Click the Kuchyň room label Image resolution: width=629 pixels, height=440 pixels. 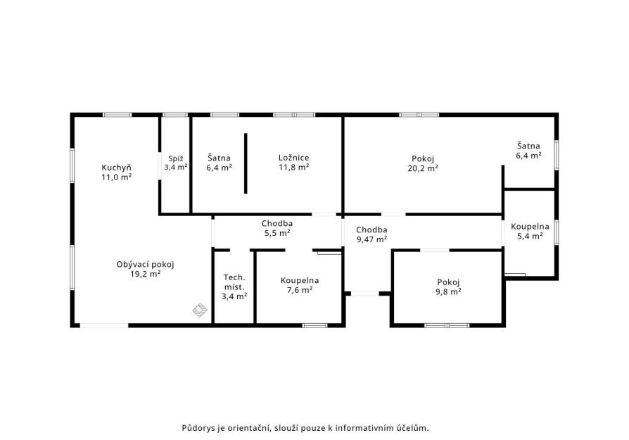click(x=116, y=168)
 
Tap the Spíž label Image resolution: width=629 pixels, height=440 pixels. click(x=176, y=158)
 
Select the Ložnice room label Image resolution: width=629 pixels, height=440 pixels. click(x=293, y=158)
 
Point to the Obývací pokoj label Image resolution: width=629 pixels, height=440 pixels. click(x=145, y=265)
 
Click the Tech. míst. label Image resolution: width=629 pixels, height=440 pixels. click(x=234, y=282)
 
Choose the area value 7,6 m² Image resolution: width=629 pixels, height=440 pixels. click(x=300, y=290)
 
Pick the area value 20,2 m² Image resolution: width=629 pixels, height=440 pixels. click(x=423, y=168)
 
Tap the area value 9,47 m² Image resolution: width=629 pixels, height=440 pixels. click(x=372, y=239)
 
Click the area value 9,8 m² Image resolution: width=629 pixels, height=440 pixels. click(x=448, y=292)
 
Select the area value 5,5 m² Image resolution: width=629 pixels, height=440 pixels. click(x=277, y=233)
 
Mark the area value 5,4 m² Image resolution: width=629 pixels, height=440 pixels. click(x=530, y=236)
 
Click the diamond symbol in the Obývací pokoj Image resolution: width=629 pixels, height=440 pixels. click(x=200, y=310)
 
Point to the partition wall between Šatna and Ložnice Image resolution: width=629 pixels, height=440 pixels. click(x=246, y=163)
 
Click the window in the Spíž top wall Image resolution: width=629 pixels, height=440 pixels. click(x=175, y=115)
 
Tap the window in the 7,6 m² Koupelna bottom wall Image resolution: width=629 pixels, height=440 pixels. click(x=315, y=325)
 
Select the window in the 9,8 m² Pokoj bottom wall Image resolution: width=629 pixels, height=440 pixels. click(x=447, y=325)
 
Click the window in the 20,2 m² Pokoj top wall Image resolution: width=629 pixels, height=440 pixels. click(x=419, y=115)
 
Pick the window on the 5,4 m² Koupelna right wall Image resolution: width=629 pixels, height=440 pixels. click(x=557, y=232)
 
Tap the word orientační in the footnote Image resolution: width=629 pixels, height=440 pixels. click(x=250, y=428)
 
